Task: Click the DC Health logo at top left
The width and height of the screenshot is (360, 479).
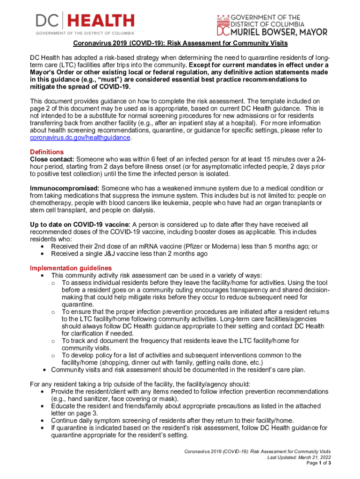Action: (85, 23)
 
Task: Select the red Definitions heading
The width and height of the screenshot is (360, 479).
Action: (47, 152)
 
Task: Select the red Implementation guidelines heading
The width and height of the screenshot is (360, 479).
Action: (71, 268)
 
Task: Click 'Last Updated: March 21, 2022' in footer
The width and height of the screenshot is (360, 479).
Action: (299, 457)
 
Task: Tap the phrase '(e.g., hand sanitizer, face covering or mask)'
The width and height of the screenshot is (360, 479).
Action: (115, 399)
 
